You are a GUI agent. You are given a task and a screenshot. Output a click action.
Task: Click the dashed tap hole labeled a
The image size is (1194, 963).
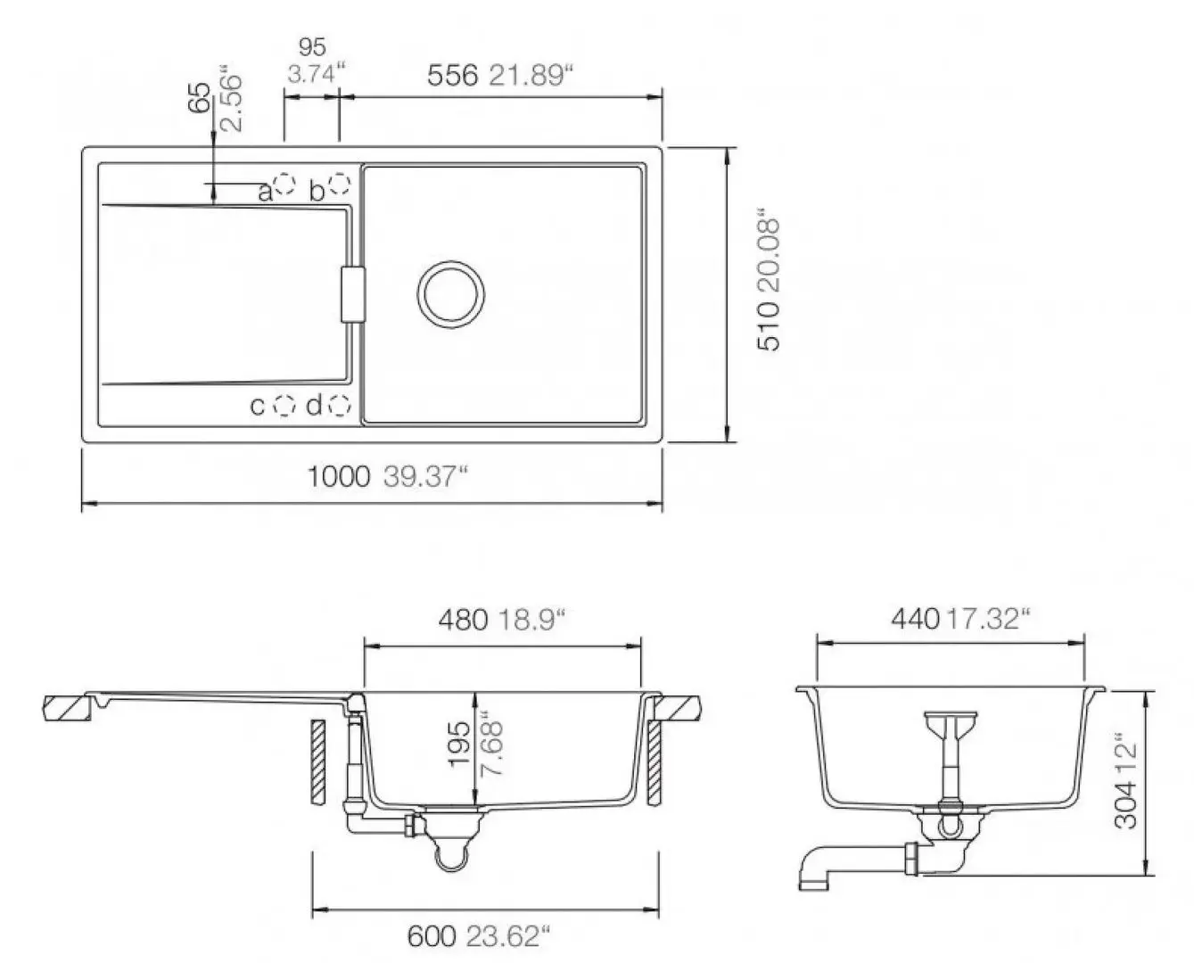[285, 184]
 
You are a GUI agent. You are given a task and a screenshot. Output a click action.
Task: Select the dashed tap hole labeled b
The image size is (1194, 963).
[340, 184]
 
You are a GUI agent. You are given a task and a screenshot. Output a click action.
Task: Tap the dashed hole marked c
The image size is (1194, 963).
[284, 406]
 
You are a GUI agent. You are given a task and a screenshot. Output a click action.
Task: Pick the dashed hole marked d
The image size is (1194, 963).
[340, 406]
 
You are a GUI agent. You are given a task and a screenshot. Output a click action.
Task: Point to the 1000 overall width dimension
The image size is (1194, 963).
[339, 476]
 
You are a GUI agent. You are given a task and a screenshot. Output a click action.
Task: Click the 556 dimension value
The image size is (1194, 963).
[452, 76]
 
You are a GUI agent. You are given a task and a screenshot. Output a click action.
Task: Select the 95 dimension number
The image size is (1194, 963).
[312, 47]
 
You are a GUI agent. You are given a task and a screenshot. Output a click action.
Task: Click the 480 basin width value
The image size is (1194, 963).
[464, 620]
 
